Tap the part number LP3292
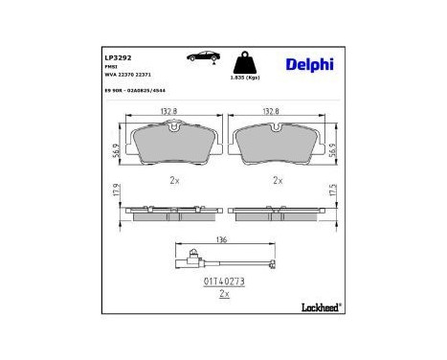tap(118, 56)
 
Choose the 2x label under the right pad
tap(279, 180)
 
